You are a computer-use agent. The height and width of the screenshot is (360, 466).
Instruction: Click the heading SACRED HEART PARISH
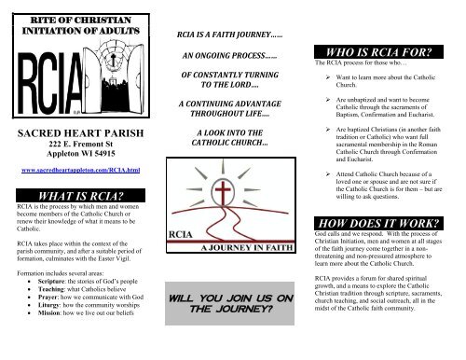pyautogui.click(x=77, y=133)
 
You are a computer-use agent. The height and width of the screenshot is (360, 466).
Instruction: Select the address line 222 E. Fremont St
pyautogui.click(x=77, y=146)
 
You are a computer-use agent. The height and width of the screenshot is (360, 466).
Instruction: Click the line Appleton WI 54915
pyautogui.click(x=77, y=157)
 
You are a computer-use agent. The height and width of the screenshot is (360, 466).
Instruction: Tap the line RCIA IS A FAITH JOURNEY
pyautogui.click(x=229, y=35)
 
